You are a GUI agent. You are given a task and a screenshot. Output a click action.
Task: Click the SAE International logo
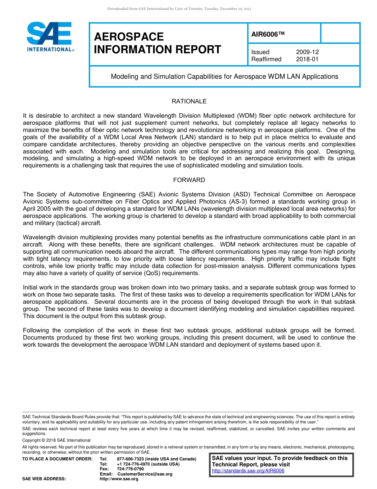coord(50,37)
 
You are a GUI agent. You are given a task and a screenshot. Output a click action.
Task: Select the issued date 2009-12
coord(307,52)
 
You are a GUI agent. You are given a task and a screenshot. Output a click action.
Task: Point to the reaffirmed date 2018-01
coord(307,59)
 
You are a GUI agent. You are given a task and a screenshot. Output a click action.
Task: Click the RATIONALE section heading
coord(189,101)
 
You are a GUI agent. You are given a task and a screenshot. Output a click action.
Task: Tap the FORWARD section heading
coord(189,180)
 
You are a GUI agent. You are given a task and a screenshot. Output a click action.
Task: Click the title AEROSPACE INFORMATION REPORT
coord(157,43)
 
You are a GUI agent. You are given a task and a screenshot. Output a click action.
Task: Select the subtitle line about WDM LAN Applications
coord(224,76)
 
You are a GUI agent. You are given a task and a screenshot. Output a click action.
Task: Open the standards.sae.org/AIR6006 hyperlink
coord(248,471)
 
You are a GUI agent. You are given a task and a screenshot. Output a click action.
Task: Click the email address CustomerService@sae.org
coord(145,474)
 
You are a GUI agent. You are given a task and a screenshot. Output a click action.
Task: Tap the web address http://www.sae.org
coord(119,479)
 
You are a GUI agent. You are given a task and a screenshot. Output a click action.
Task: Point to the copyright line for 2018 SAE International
coord(56,440)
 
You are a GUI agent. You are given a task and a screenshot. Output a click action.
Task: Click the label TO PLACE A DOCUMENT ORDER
coord(57,459)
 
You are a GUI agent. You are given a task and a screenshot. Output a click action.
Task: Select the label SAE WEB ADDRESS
coord(44,479)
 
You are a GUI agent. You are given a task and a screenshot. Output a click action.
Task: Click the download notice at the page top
coord(179,8)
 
